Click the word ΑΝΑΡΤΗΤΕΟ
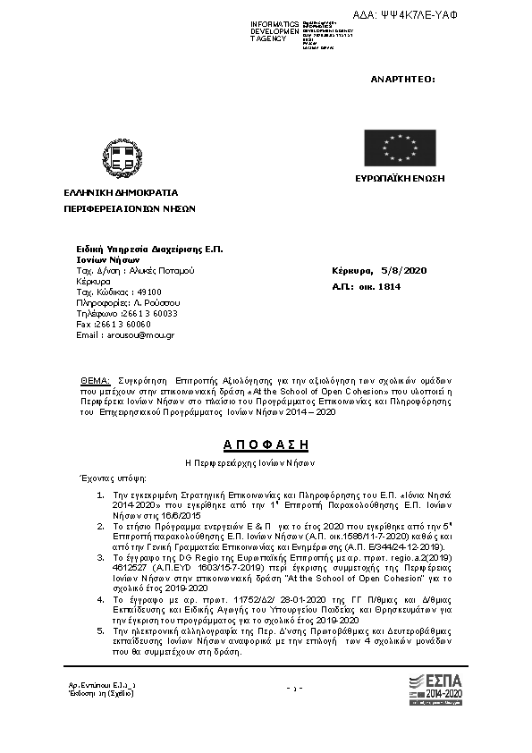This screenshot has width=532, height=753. click(402, 80)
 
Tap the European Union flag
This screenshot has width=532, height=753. click(395, 148)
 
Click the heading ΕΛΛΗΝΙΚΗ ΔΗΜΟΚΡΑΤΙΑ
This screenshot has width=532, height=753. click(120, 192)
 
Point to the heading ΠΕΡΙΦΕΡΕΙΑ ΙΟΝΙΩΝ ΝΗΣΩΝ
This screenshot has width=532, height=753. click(129, 207)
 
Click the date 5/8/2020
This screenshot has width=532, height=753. click(404, 269)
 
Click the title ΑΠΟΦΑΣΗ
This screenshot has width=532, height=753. click(265, 444)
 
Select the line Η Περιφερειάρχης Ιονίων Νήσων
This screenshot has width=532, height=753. click(265, 462)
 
